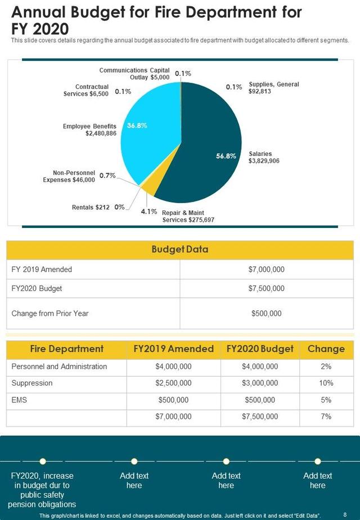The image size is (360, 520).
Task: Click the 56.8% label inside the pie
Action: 226,156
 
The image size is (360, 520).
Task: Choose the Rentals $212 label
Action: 91,207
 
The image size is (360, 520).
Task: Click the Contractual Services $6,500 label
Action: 85,90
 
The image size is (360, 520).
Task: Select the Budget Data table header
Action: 180,250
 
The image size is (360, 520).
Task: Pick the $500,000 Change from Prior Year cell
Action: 266,313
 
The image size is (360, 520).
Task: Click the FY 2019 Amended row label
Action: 42,270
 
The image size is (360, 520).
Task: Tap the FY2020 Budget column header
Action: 260,349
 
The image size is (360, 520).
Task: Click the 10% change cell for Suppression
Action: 326,383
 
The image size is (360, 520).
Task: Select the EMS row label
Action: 19,400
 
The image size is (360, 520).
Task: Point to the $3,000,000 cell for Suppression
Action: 260,383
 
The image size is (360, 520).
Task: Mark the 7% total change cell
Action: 326,417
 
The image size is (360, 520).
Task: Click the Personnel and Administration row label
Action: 59,367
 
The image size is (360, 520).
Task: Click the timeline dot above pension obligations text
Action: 43,461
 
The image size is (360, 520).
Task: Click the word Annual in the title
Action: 37,12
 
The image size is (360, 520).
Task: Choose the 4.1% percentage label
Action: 148,212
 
